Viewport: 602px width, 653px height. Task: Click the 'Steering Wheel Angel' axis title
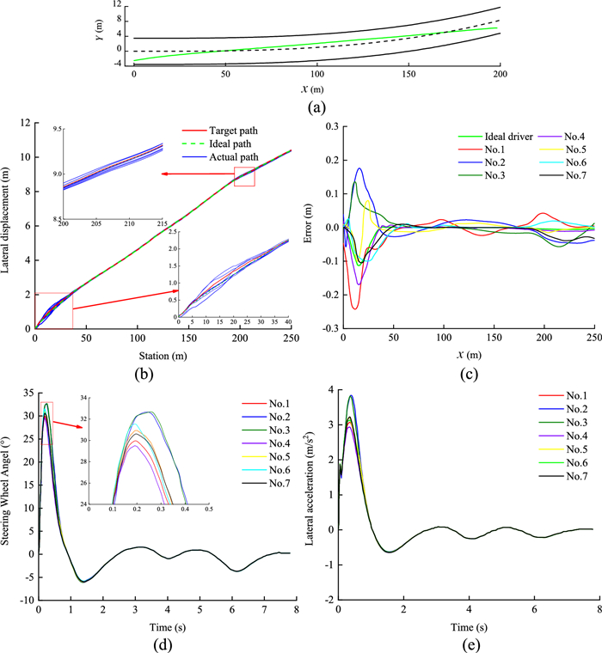(x=9, y=483)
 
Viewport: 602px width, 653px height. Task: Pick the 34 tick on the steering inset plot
(x=104, y=399)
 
